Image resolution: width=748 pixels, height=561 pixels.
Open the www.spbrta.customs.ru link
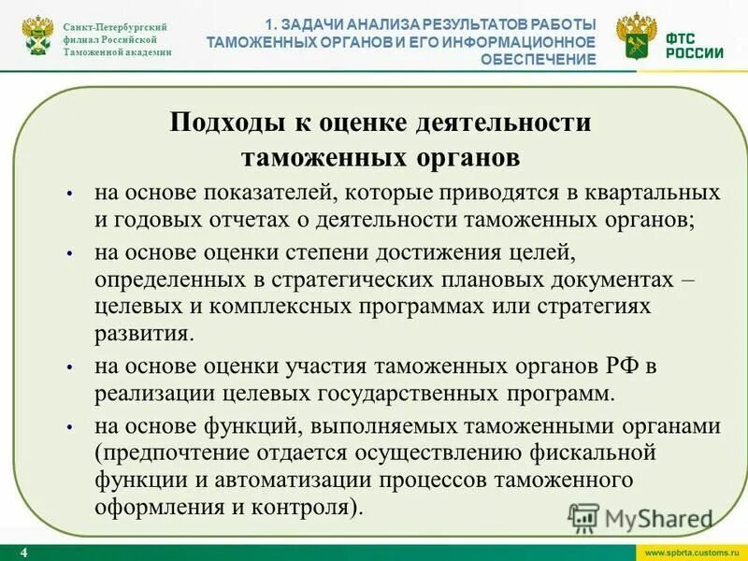click(x=688, y=553)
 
